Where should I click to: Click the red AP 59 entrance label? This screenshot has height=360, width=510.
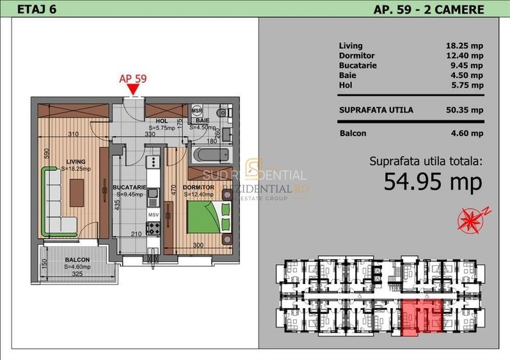pyautogui.click(x=133, y=79)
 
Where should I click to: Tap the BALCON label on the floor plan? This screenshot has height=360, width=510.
pyautogui.click(x=77, y=260)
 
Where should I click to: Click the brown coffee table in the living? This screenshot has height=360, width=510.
pyautogui.click(x=77, y=191)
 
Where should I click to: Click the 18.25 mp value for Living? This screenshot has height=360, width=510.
pyautogui.click(x=464, y=46)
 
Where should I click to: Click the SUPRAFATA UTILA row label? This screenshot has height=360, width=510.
pyautogui.click(x=376, y=110)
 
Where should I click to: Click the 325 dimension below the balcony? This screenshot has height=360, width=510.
pyautogui.click(x=77, y=275)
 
